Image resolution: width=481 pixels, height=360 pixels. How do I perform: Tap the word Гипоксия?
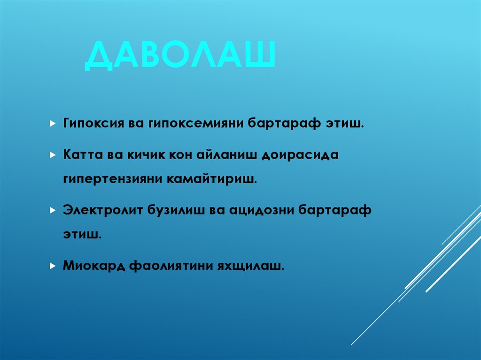click(92, 124)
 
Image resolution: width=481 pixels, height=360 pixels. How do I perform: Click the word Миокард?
click(89, 266)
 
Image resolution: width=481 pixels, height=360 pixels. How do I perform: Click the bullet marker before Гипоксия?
click(53, 124)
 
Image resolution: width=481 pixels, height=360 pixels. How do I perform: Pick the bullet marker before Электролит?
click(53, 210)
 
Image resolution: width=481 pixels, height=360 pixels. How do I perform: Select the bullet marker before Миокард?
click(53, 266)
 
